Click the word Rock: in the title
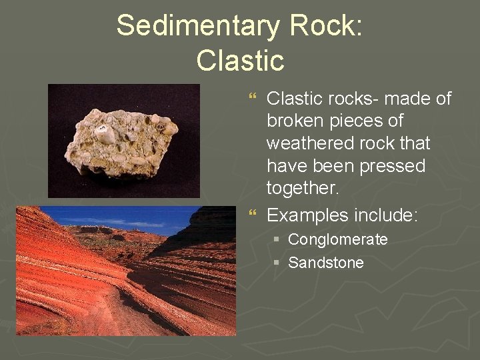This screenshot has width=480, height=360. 327,27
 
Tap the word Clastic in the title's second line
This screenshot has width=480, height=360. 240,60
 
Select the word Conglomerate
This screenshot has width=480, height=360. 337,239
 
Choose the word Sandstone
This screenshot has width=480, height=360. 325,263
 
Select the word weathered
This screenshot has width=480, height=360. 307,143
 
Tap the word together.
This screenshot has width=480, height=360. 302,189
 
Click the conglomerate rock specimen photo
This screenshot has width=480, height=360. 123,141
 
